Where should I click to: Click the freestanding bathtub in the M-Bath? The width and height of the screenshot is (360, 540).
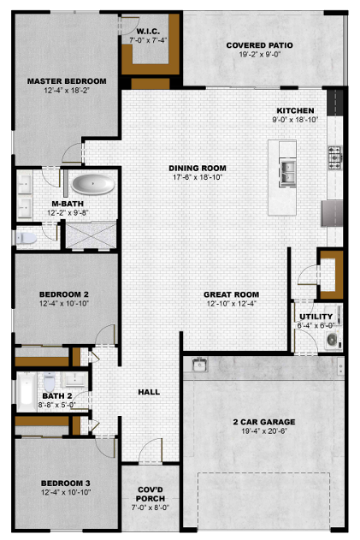pyautogui.click(x=93, y=185)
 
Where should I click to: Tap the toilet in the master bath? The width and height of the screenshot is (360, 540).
pyautogui.click(x=27, y=238)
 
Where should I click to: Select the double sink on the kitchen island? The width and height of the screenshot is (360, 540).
pyautogui.click(x=287, y=172)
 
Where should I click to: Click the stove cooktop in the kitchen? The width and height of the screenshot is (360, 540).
pyautogui.click(x=335, y=157)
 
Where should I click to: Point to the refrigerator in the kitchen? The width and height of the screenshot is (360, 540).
pyautogui.click(x=332, y=213)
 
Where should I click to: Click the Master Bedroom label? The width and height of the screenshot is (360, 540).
pyautogui.click(x=67, y=81)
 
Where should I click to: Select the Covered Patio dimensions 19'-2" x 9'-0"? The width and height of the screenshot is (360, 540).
pyautogui.click(x=260, y=54)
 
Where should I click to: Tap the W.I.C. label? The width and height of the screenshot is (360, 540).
pyautogui.click(x=148, y=32)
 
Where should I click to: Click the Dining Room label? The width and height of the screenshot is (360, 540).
pyautogui.click(x=198, y=168)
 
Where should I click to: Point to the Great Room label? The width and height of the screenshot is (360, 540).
pyautogui.click(x=231, y=294)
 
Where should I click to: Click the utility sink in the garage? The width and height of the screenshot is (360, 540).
pyautogui.click(x=199, y=365)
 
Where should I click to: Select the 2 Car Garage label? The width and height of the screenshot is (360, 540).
pyautogui.click(x=264, y=422)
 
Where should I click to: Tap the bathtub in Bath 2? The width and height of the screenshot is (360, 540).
pyautogui.click(x=27, y=392)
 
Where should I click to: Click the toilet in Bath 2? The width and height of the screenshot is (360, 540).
pyautogui.click(x=50, y=380)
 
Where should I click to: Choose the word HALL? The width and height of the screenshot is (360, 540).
pyautogui.click(x=149, y=392)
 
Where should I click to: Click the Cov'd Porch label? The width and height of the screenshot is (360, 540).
pyautogui.click(x=150, y=494)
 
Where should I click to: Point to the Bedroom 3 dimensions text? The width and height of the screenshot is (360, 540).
pyautogui.click(x=66, y=492)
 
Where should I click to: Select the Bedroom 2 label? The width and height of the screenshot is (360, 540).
pyautogui.click(x=64, y=294)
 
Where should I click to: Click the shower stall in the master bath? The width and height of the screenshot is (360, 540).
pyautogui.click(x=91, y=235)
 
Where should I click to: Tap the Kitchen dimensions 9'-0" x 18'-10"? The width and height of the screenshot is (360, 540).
pyautogui.click(x=295, y=120)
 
